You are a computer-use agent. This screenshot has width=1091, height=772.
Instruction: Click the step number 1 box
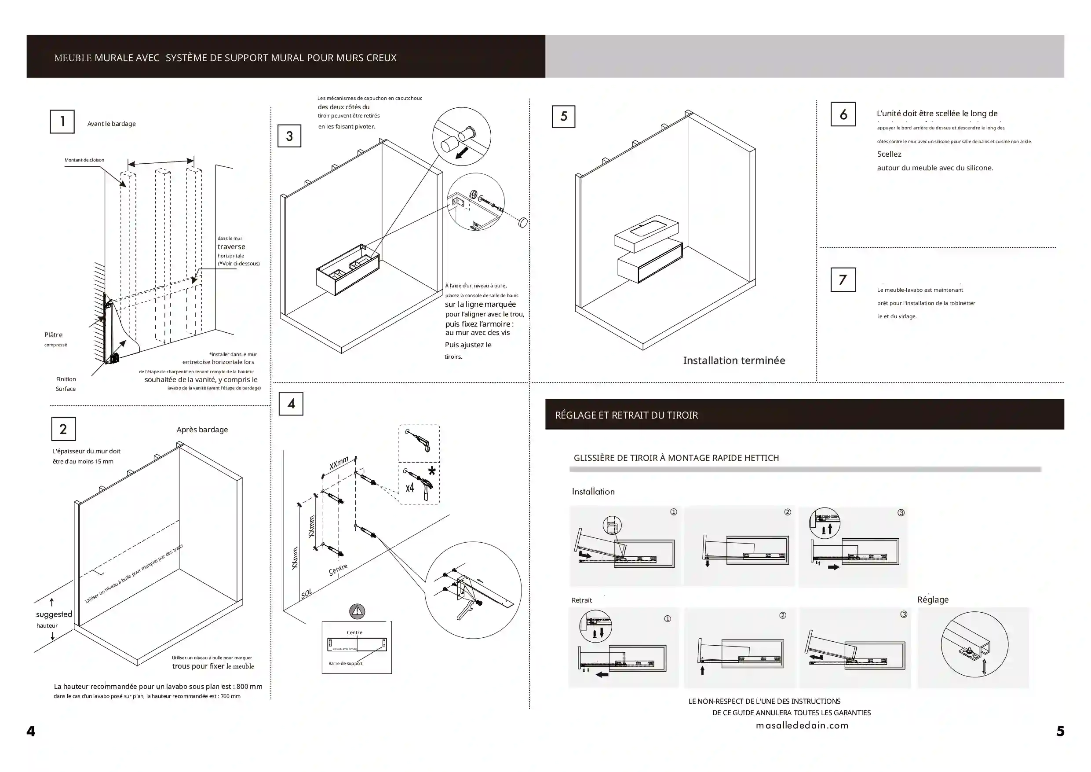(x=62, y=122)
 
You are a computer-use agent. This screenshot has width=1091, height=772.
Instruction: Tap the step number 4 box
(x=291, y=403)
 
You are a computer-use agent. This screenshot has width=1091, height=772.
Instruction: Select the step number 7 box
(x=843, y=279)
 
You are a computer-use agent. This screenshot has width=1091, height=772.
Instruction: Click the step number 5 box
(x=564, y=117)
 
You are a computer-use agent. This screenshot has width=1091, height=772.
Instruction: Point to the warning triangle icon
(x=357, y=611)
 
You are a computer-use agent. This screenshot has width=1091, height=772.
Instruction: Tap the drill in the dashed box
(x=420, y=441)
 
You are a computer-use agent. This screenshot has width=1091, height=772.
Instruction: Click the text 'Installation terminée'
(x=733, y=360)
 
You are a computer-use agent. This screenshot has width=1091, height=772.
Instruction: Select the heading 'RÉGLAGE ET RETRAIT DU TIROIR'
(x=626, y=415)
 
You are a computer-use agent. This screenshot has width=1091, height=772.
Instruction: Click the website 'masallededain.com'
(x=802, y=725)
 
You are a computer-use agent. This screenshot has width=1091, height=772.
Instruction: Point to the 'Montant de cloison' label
(x=84, y=160)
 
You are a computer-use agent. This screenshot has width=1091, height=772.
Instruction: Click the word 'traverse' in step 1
(x=231, y=247)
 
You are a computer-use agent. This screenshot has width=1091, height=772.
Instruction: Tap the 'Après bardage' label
(x=202, y=430)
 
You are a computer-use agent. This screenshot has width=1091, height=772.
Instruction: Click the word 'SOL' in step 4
(x=307, y=593)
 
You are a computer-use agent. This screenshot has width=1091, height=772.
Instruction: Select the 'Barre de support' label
(x=346, y=664)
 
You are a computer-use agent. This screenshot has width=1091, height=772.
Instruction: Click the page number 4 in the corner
(x=31, y=731)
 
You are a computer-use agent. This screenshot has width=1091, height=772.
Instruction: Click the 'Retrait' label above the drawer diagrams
(x=582, y=600)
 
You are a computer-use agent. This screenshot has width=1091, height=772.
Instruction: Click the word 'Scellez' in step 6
(x=889, y=154)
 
